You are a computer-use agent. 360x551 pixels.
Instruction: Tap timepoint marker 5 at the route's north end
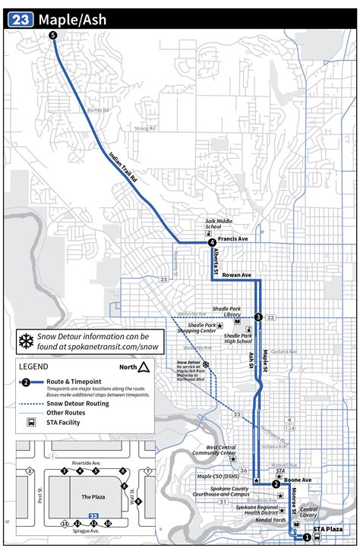click(x=52, y=36)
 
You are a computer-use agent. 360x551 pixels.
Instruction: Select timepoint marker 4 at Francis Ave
click(x=212, y=243)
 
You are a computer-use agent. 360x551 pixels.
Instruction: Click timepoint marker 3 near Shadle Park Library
click(x=258, y=317)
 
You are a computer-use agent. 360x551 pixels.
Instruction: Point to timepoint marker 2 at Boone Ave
click(x=276, y=483)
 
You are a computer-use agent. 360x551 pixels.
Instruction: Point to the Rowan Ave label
click(x=236, y=275)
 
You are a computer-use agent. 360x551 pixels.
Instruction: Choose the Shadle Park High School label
click(x=238, y=338)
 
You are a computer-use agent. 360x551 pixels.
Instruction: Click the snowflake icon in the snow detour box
click(x=25, y=340)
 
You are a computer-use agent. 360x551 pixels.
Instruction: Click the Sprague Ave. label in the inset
click(x=86, y=531)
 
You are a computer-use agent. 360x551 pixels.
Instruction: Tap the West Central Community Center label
click(x=205, y=452)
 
